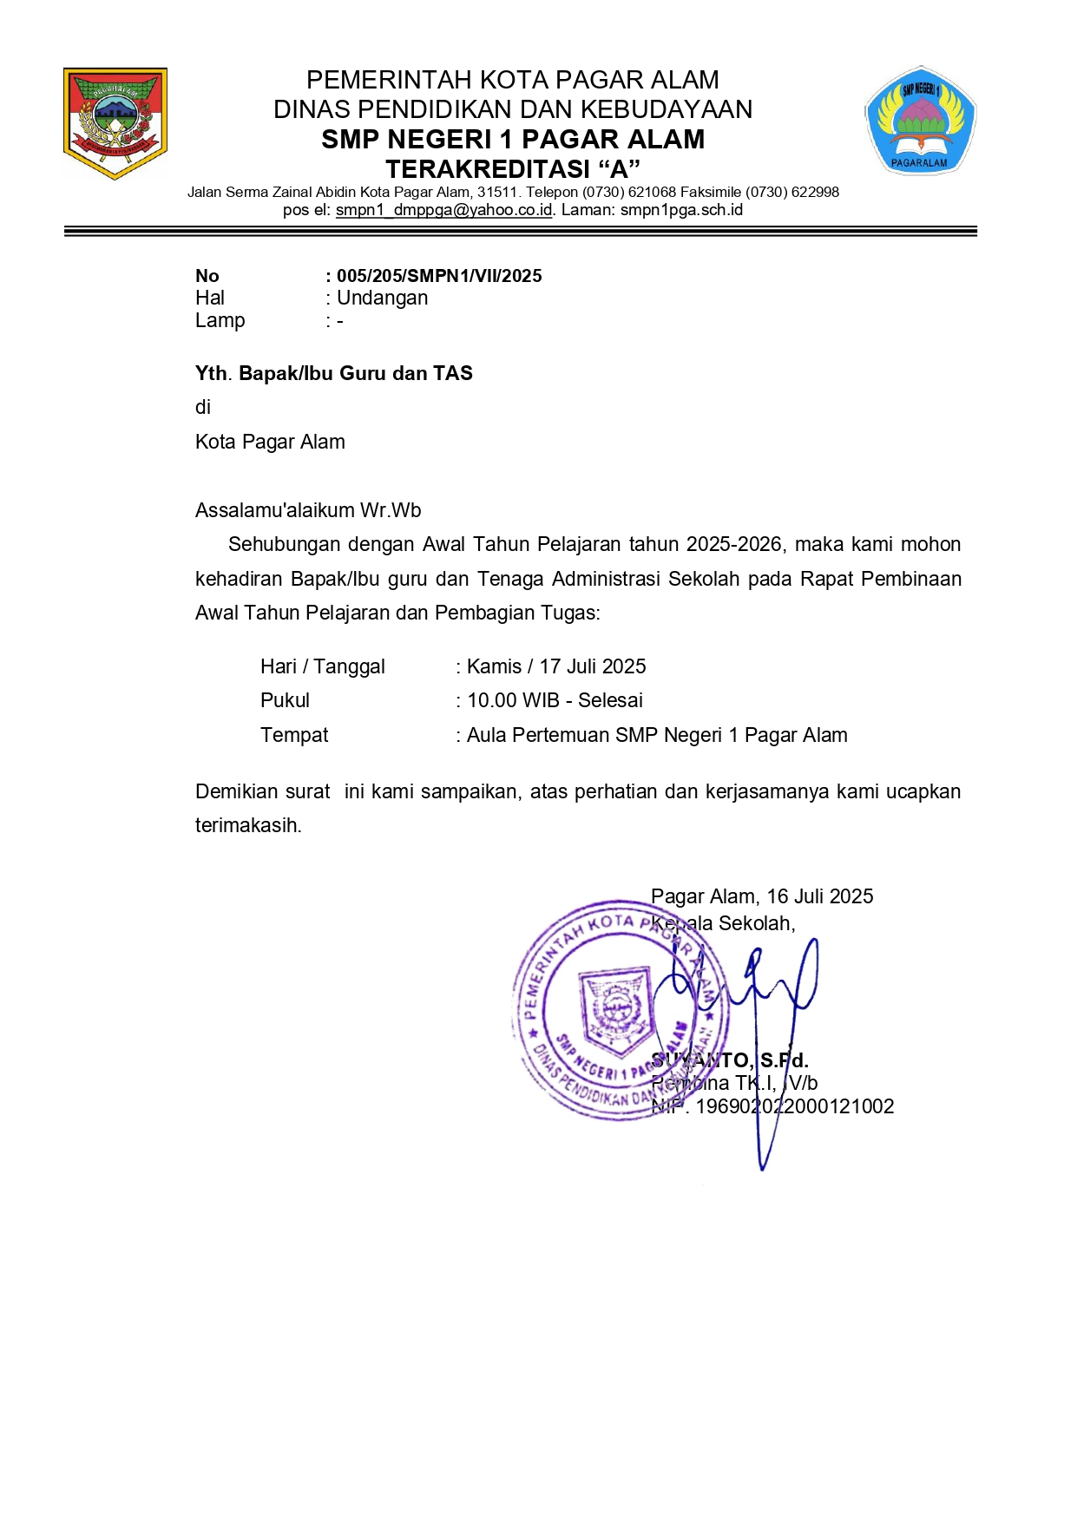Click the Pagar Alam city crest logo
tap(115, 122)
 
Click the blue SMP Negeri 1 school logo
tap(920, 120)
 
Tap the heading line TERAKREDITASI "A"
tap(512, 168)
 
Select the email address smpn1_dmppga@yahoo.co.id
tap(443, 210)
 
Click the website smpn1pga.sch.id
tap(681, 210)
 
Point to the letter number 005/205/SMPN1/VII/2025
tap(439, 276)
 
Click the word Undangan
tap(382, 298)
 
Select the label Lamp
tap(220, 320)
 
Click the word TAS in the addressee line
tap(453, 373)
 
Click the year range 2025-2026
tap(735, 544)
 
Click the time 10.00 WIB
tap(513, 700)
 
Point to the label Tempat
tap(294, 735)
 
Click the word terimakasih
tap(246, 825)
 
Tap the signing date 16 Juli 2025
tap(820, 896)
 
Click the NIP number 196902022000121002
tap(794, 1106)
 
